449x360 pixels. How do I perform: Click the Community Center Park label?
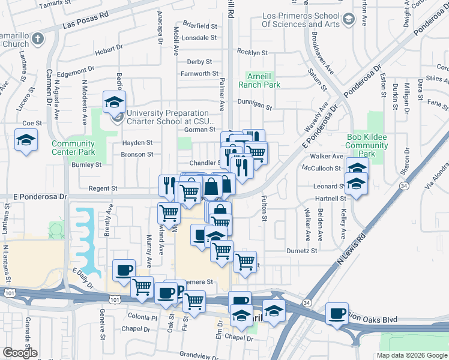click(73, 148)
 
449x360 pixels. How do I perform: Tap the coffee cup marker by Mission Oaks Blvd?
click(337, 313)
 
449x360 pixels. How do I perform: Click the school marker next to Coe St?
click(25, 140)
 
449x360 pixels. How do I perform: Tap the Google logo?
click(20, 353)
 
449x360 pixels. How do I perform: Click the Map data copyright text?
click(412, 355)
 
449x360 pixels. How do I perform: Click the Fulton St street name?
click(264, 207)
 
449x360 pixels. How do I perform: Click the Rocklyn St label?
click(252, 53)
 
